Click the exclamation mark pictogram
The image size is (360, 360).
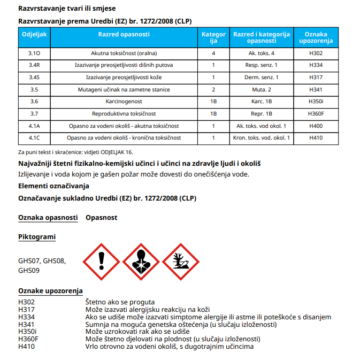(102, 262)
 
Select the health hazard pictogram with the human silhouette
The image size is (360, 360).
(140, 262)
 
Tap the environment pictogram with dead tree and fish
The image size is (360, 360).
(180, 262)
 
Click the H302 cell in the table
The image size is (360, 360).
(316, 53)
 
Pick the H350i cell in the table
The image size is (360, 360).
(316, 101)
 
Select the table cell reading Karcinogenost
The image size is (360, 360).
(124, 101)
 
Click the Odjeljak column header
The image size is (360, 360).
(35, 34)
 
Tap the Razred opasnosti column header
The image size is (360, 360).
(124, 34)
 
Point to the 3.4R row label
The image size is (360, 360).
(35, 65)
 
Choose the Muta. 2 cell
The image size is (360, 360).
(262, 89)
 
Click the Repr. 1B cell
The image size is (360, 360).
(262, 113)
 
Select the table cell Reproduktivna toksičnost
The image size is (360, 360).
(124, 113)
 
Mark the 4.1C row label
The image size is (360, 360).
(35, 138)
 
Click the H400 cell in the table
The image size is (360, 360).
(316, 126)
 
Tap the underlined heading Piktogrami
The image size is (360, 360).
(37, 237)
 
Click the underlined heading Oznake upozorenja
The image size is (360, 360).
(50, 291)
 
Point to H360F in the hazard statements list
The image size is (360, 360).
(28, 339)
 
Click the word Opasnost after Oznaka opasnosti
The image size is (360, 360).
(101, 218)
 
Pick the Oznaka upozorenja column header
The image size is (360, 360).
(316, 37)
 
